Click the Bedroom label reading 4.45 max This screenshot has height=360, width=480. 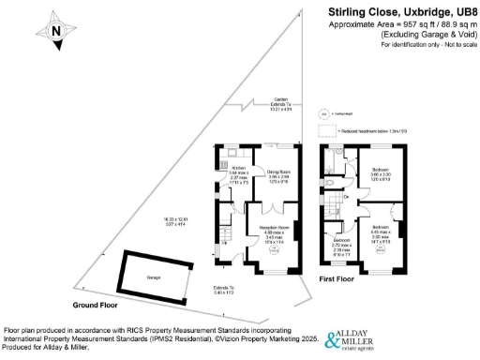(380, 229)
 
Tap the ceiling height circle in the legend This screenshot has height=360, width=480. (325, 113)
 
